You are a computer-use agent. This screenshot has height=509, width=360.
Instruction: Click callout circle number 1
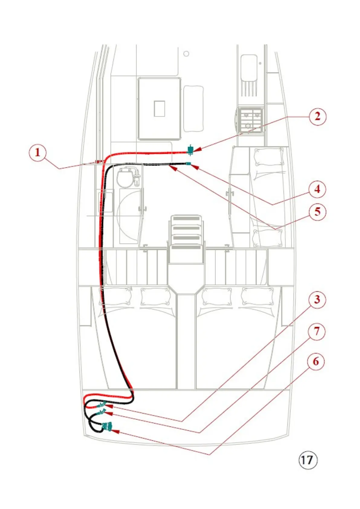pos(37,153)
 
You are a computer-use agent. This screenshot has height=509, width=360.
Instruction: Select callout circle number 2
pos(317,116)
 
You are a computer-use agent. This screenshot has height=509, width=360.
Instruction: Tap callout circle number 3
pos(317,300)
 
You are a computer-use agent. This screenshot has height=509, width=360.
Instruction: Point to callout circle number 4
pos(317,189)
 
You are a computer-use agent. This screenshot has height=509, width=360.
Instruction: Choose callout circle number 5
pos(317,212)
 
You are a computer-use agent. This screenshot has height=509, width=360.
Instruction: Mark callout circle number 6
pos(316,361)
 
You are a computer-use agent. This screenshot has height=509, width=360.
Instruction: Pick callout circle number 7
pos(316,332)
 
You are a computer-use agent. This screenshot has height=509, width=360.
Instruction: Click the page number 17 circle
pos(308,460)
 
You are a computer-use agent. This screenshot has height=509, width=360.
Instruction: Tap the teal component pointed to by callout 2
pos(190,150)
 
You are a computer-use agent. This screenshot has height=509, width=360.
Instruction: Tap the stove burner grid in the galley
pos(250,120)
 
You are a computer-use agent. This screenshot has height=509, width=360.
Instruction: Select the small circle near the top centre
pos(186,54)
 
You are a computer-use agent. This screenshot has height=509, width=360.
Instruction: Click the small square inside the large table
pos(159,109)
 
